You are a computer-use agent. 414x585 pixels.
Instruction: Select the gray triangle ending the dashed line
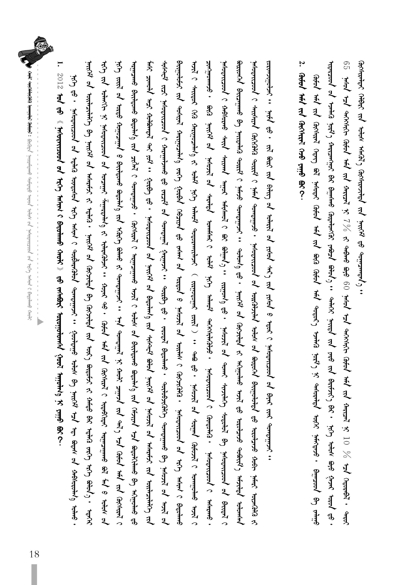tap(40, 322)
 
